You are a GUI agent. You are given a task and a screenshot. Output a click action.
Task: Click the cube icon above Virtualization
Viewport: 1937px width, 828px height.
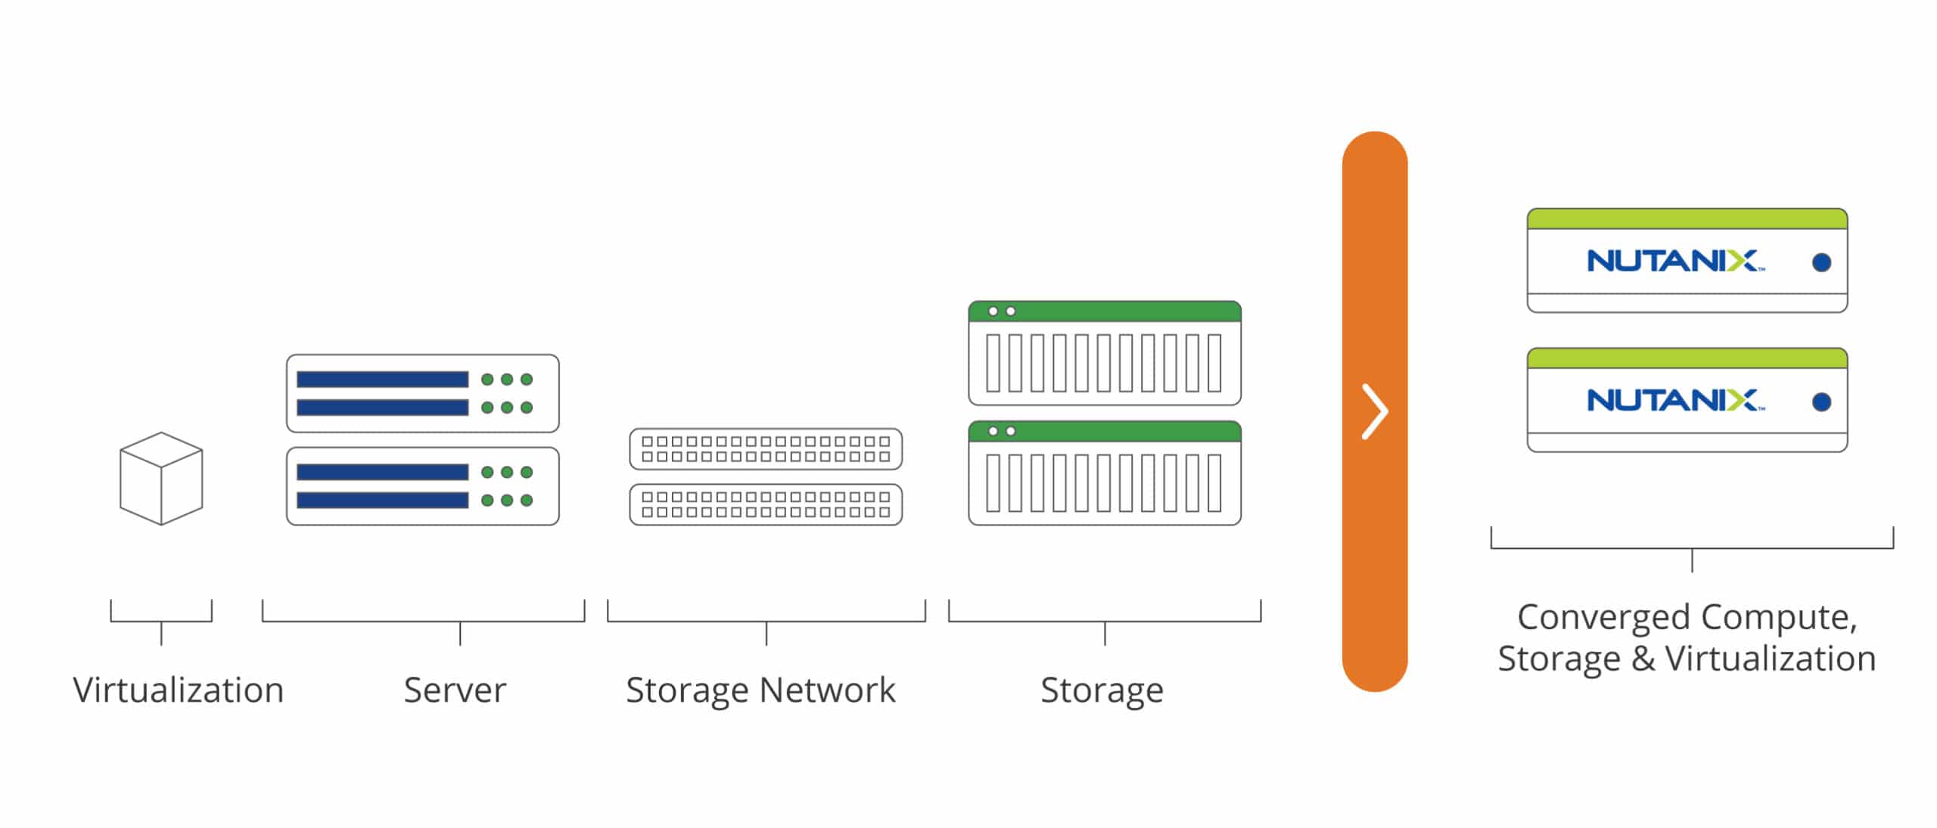[x=161, y=479]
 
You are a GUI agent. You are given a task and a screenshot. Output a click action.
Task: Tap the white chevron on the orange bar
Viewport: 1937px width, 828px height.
[x=1375, y=411]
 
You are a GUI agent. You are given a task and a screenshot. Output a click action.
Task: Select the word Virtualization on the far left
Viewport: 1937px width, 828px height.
[x=179, y=690]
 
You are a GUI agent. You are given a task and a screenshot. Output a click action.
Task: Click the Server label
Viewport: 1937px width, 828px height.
[x=455, y=690]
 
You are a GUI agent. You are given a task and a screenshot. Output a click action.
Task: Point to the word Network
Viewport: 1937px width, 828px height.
[x=827, y=690]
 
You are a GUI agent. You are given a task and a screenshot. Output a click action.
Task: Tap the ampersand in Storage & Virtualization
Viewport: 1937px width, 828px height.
[x=1643, y=659]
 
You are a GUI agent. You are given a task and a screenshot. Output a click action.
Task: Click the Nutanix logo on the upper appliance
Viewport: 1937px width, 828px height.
[x=1675, y=261]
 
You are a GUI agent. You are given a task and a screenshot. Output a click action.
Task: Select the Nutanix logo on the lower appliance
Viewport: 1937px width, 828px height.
[x=1675, y=400]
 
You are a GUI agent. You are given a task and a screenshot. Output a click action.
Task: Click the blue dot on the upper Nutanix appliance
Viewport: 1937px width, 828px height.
[x=1822, y=262]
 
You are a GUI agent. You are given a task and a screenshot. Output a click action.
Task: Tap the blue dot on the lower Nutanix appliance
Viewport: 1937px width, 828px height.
[x=1822, y=402]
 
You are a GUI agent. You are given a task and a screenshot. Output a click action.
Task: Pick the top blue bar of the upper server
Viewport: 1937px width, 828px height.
[x=382, y=379]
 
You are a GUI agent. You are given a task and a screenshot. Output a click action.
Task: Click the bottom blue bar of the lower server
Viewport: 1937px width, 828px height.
[x=382, y=500]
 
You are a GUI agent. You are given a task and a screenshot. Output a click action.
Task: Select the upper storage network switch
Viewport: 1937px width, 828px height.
[x=766, y=449]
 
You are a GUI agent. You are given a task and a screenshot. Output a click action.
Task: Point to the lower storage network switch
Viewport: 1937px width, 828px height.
[x=766, y=504]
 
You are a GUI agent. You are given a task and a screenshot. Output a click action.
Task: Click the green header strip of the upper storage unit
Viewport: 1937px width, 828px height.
[x=1105, y=311]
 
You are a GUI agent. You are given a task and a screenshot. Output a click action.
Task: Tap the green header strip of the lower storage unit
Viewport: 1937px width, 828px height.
[x=1105, y=431]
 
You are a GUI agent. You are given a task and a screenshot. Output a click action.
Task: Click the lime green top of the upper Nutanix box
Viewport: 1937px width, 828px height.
[x=1687, y=219]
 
